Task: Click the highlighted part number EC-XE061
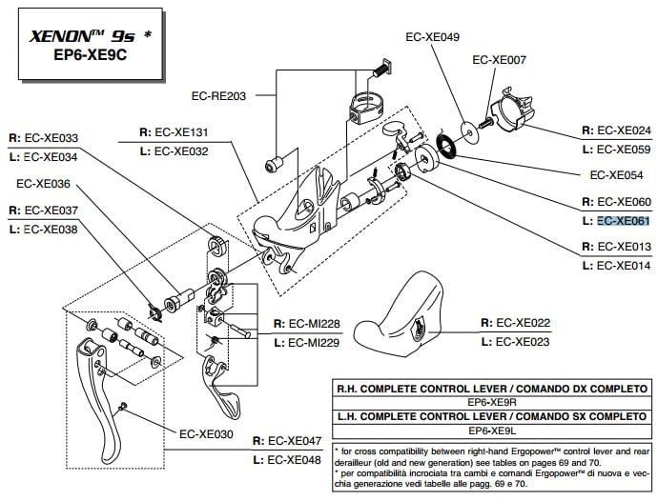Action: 623,221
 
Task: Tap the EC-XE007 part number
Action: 499,59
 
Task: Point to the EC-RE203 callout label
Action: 218,96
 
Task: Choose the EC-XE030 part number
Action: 206,433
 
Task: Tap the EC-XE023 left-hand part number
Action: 524,341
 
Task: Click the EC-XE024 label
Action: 623,130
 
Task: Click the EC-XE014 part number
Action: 623,266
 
